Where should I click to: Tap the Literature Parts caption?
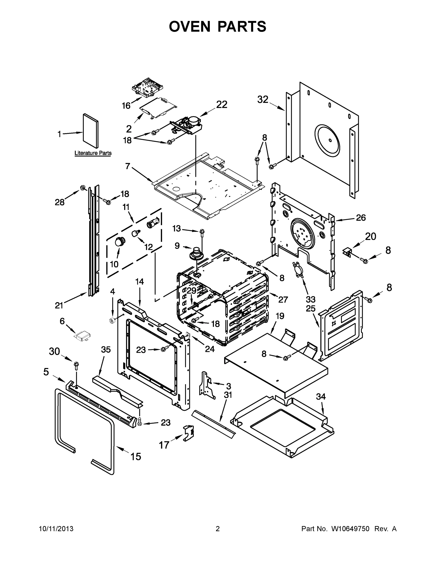coord(93,153)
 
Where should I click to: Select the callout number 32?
coord(263,100)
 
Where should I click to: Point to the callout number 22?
coord(221,104)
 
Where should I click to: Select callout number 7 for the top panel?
coord(128,166)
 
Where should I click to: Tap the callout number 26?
coord(361,218)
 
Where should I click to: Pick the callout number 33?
coord(310,299)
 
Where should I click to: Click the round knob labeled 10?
coord(120,242)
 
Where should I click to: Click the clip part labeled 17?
coord(189,434)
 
